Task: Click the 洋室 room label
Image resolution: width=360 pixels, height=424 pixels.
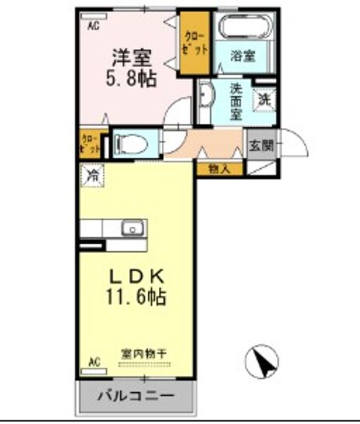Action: (133, 59)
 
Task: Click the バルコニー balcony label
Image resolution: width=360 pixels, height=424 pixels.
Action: (135, 394)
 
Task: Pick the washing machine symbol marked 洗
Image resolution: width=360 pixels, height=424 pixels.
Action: (264, 98)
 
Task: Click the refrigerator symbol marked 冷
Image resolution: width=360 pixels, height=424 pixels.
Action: (92, 174)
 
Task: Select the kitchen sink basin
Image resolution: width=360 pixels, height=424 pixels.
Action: (132, 227)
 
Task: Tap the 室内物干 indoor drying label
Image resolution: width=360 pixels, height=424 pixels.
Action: (145, 353)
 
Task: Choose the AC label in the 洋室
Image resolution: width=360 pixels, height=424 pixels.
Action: (94, 26)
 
